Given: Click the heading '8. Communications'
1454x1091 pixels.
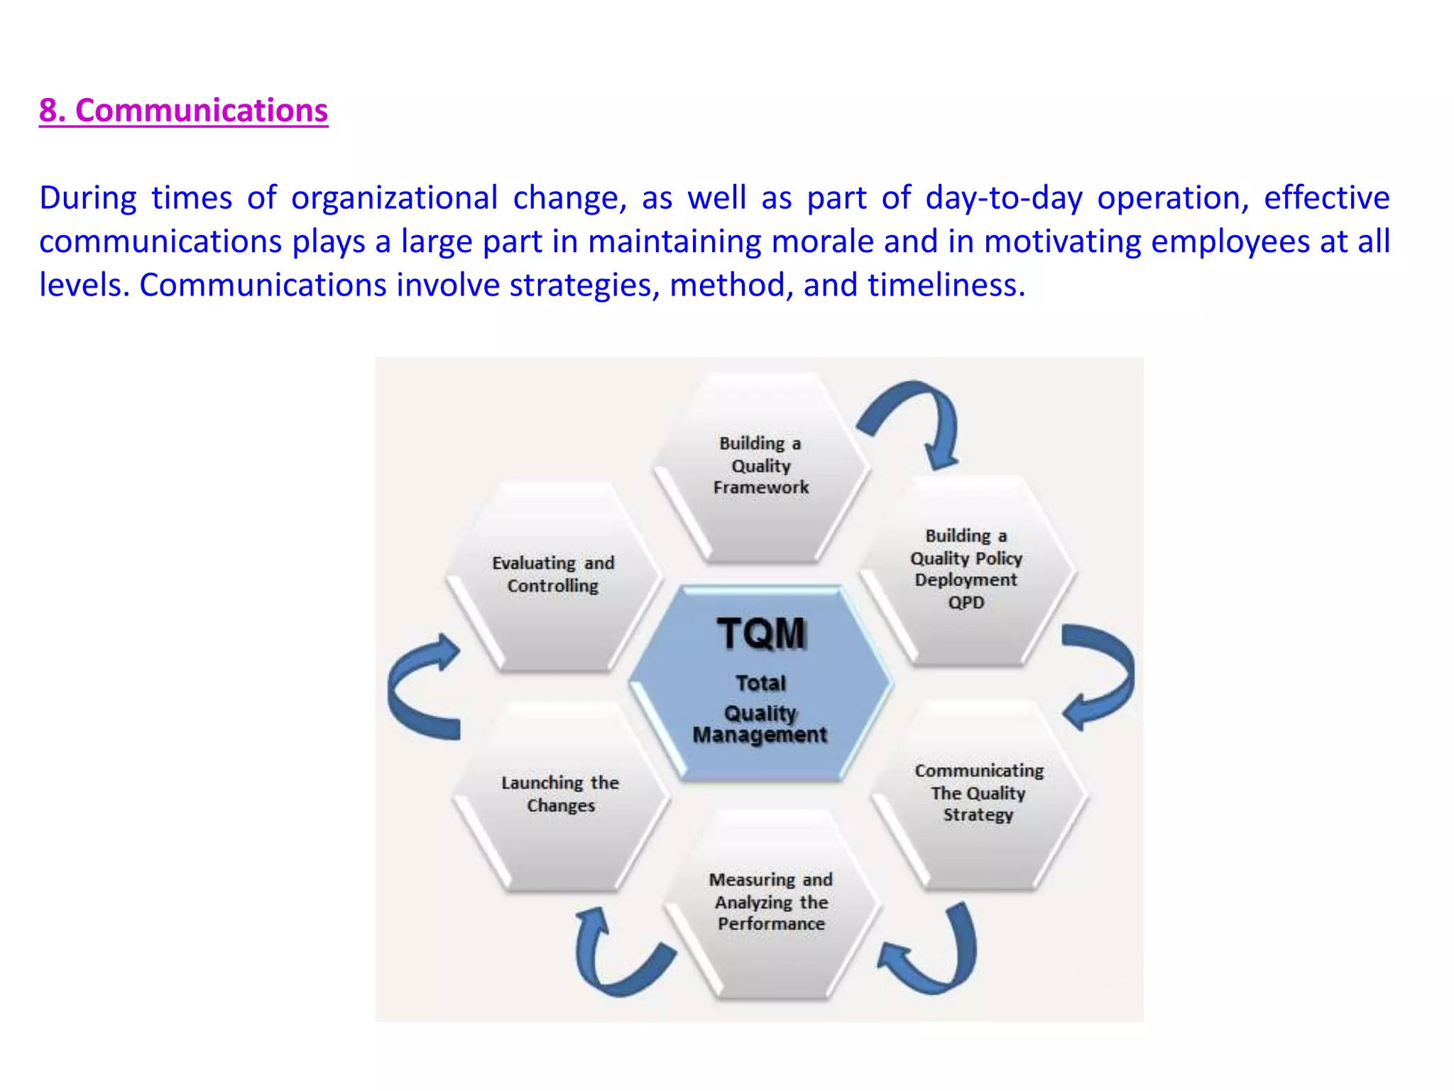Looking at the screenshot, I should [x=183, y=111].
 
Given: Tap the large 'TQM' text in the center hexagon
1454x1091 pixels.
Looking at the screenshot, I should [x=761, y=633].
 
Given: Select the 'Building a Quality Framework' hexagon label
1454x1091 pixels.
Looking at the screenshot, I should [x=760, y=465].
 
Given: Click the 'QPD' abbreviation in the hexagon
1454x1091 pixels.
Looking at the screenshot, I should [x=966, y=602].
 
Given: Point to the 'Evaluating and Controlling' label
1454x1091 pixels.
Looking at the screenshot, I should [x=553, y=574].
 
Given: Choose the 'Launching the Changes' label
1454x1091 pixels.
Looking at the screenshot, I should [x=560, y=793].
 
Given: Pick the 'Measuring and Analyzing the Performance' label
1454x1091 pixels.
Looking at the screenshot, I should [x=771, y=901].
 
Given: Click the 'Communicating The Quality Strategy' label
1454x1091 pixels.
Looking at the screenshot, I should [x=978, y=792].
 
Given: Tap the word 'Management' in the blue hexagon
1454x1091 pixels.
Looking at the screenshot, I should [x=760, y=735].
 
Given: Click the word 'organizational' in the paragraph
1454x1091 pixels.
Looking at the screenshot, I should [x=394, y=198].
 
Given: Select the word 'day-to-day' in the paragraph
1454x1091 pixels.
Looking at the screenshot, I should [x=1004, y=198].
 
